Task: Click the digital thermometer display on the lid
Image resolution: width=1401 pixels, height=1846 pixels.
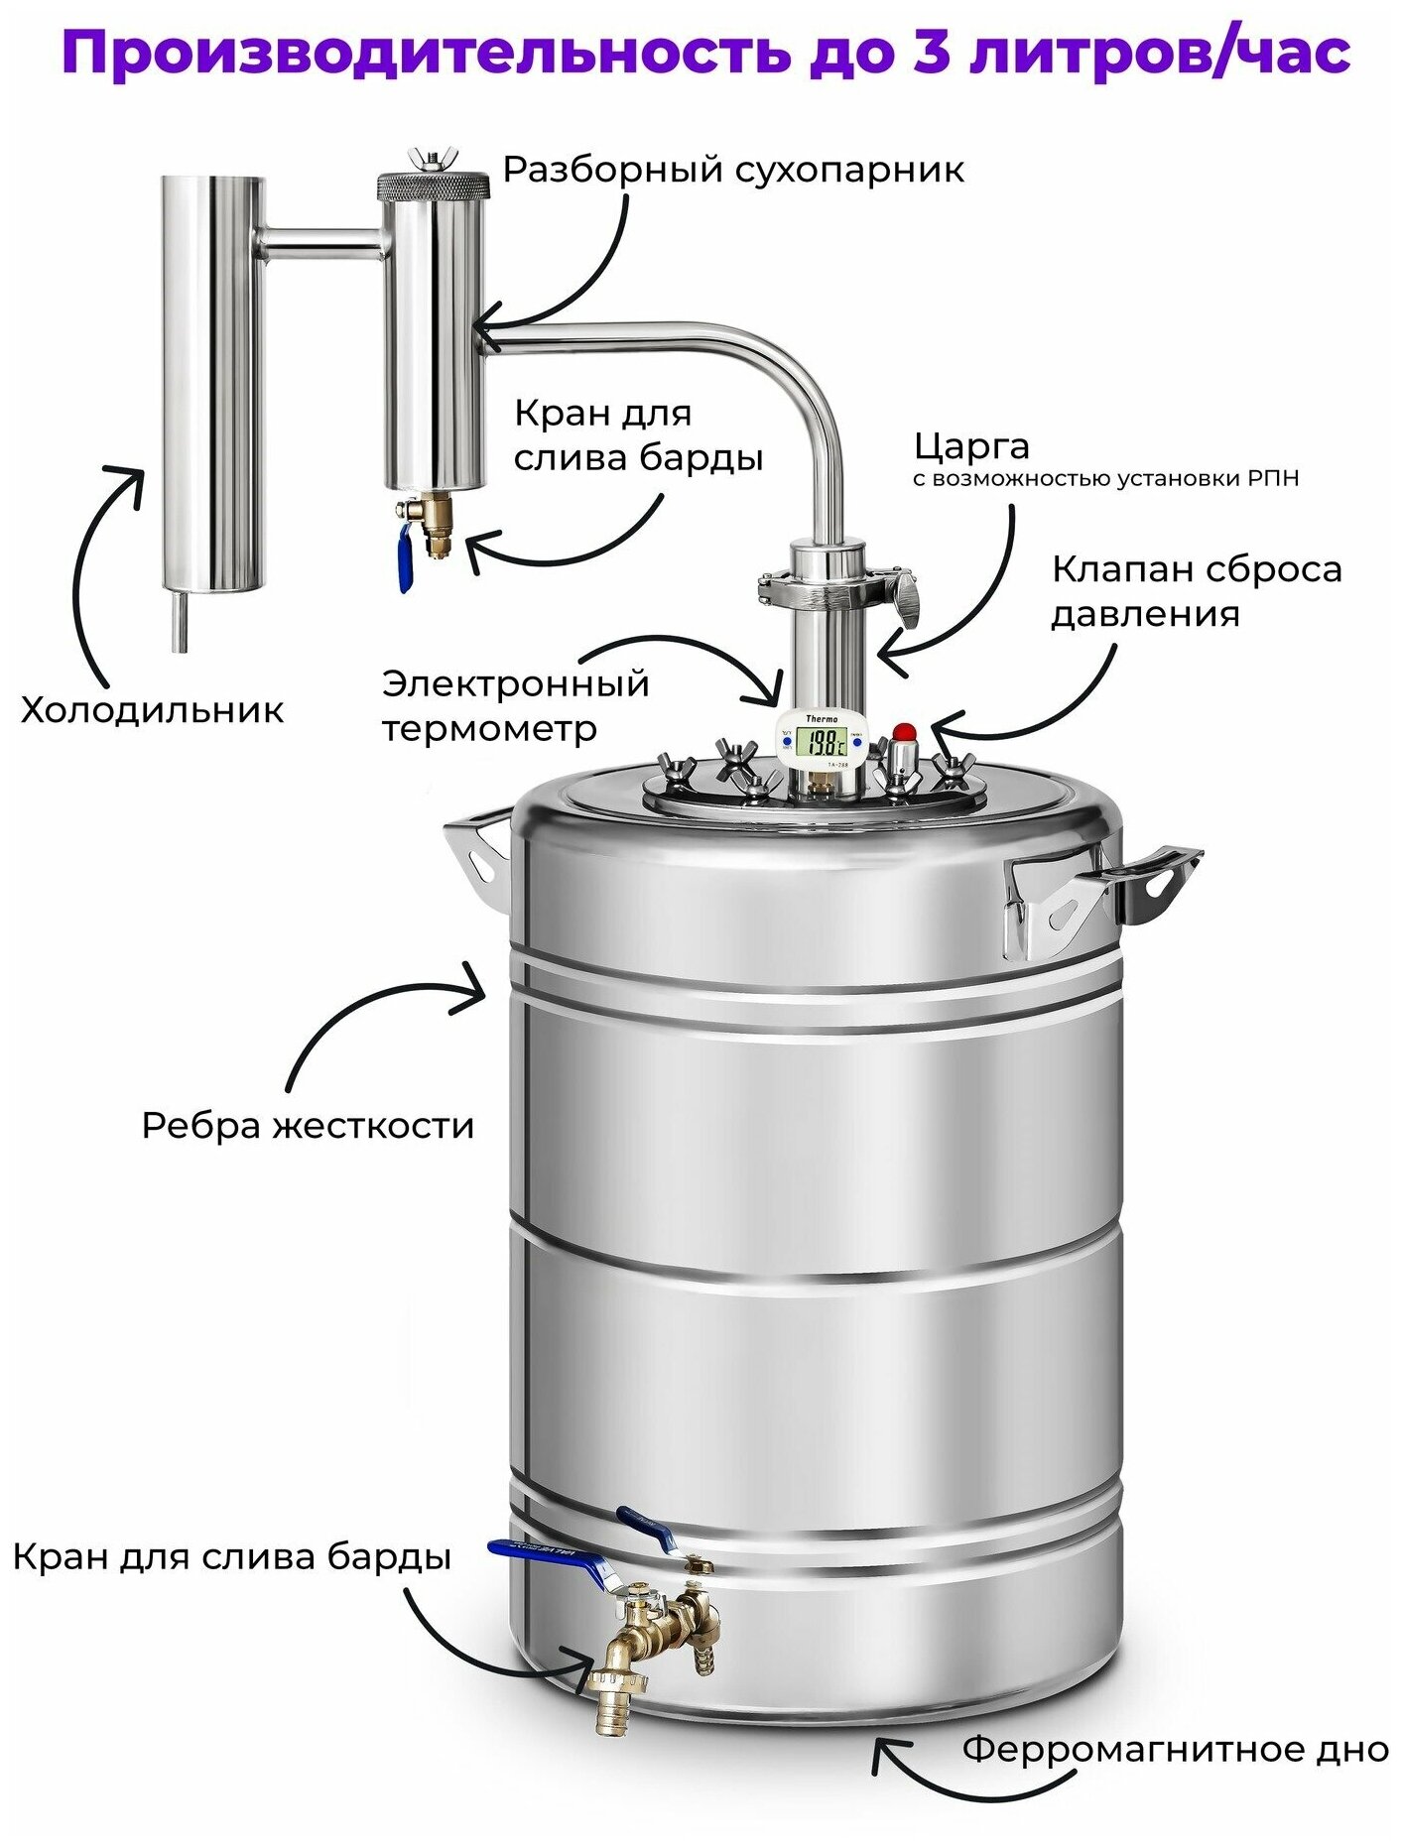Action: click(x=824, y=741)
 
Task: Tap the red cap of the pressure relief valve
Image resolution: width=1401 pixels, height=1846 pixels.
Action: click(x=904, y=733)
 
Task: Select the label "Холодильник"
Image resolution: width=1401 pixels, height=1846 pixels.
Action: click(x=152, y=710)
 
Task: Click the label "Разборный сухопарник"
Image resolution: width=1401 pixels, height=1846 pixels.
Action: click(x=732, y=170)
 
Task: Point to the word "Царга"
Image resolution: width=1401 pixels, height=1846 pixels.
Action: click(x=971, y=446)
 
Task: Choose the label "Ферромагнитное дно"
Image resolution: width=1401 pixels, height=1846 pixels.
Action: click(x=1175, y=1749)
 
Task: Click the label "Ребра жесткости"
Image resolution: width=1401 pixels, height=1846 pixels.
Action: click(x=308, y=1126)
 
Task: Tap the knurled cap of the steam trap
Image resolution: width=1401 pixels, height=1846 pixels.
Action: click(x=433, y=185)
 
